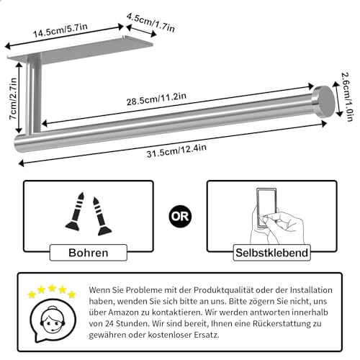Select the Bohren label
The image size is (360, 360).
89,253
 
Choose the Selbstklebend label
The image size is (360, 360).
271,253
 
